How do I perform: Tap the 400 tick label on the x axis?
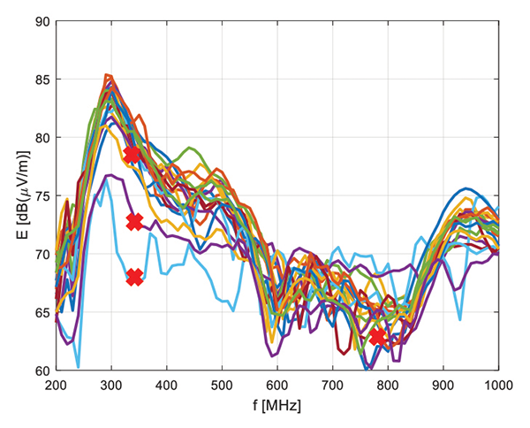coord(166,386)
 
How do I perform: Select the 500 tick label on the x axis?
coord(222,386)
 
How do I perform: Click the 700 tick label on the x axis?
coord(333,386)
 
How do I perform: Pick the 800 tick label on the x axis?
coord(388,386)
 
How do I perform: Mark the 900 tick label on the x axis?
coord(443,386)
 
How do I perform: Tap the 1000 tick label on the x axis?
coord(497,386)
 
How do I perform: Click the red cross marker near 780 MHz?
coord(378,338)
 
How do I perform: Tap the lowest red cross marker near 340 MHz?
coord(134,278)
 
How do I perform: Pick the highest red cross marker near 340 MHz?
coord(132,155)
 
